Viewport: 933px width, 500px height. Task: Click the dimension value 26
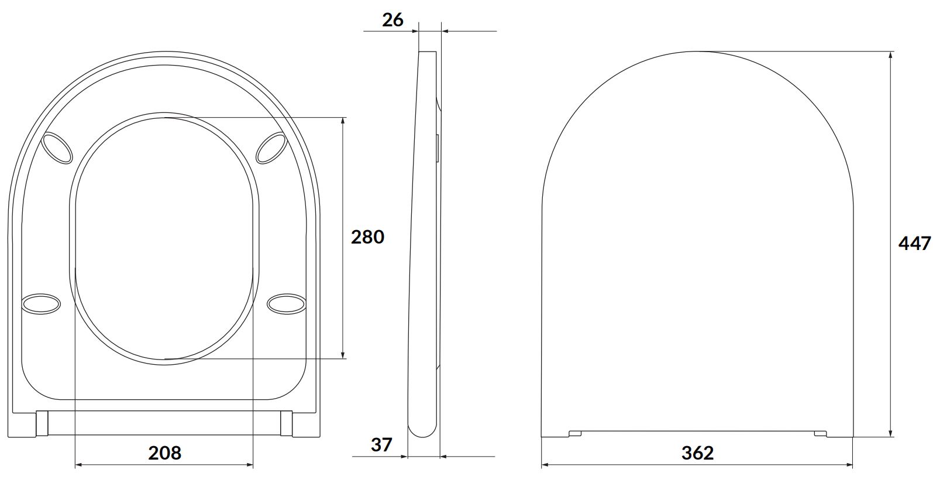pos(393,20)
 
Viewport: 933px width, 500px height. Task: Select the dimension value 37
pos(381,445)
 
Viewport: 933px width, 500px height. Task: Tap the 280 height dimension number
pos(367,237)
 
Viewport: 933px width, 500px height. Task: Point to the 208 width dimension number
pos(165,453)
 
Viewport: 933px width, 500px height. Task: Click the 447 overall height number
pos(915,244)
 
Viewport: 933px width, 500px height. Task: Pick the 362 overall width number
pos(698,453)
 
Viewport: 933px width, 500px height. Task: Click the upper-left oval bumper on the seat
pos(57,148)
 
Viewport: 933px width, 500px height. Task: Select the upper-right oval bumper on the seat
pos(271,148)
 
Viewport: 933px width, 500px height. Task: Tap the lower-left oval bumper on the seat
pos(41,304)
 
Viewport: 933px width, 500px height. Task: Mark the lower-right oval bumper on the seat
pos(286,304)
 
